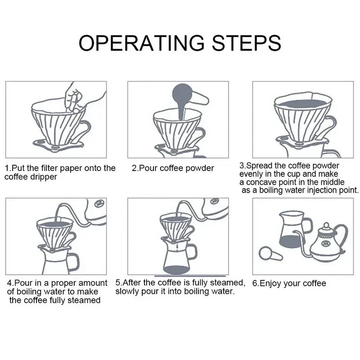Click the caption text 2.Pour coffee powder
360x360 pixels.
(173, 168)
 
